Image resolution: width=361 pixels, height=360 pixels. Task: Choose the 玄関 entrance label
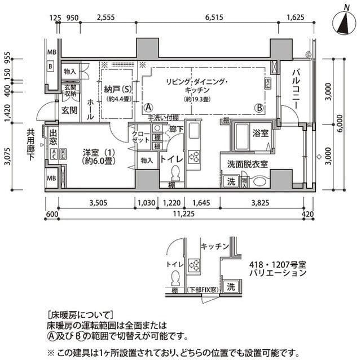click(x=69, y=110)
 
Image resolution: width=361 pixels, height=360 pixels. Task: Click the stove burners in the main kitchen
click(x=193, y=156)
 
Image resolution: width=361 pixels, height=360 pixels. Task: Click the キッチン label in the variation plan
click(x=214, y=246)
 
